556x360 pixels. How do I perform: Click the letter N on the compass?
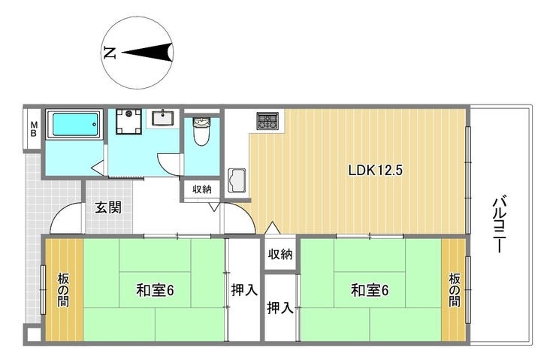(110, 53)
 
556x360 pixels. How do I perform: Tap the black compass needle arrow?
(147, 53)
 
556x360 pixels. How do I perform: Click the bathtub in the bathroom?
(75, 124)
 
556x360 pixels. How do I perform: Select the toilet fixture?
(201, 131)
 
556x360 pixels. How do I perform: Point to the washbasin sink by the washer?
(163, 118)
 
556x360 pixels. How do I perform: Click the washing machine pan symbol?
(129, 122)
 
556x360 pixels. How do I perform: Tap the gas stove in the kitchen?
(268, 120)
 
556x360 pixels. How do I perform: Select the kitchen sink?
(237, 180)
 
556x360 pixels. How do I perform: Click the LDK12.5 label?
(376, 171)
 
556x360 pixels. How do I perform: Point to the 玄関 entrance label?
(108, 207)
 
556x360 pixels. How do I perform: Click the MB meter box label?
(34, 129)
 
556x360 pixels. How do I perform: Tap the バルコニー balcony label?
(500, 223)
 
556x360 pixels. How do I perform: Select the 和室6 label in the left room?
(155, 291)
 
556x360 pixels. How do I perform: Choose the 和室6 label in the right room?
(370, 290)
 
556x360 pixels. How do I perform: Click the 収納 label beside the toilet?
(202, 189)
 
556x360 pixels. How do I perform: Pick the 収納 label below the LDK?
(280, 254)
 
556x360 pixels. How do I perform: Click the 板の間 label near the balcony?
(455, 290)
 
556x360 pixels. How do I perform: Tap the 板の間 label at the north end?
(63, 290)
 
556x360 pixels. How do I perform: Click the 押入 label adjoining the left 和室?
(244, 291)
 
